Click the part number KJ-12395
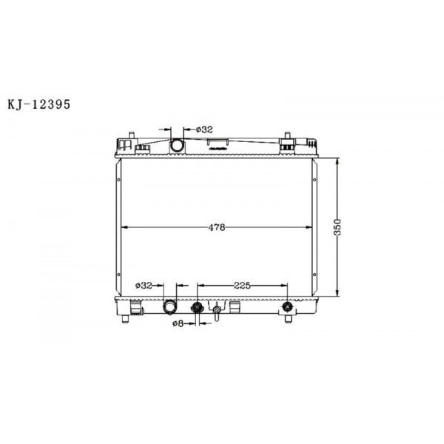point(38,104)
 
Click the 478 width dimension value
point(215,227)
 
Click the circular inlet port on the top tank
point(178,145)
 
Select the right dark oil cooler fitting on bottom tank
point(287,307)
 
